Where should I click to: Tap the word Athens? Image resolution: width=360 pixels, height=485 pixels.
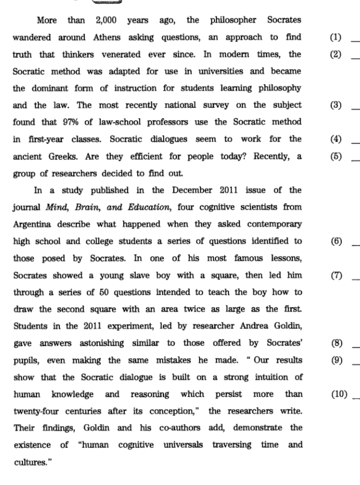coord(107,37)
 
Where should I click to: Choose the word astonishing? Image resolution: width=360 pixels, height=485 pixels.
coord(101,343)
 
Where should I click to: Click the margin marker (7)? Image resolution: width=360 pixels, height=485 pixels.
coord(336,275)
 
